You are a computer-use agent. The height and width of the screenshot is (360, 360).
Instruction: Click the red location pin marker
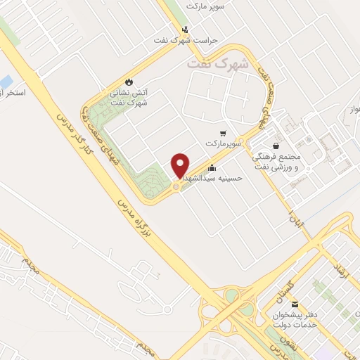pyautogui.click(x=181, y=165)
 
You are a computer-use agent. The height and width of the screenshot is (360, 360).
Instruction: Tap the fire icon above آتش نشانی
pyautogui.click(x=128, y=82)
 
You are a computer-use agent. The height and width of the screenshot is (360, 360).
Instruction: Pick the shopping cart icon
pyautogui.click(x=224, y=133)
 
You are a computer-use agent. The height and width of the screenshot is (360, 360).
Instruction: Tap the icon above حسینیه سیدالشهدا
pyautogui.click(x=212, y=168)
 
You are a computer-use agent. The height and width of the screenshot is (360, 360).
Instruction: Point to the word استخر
pyautogui.click(x=13, y=94)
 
